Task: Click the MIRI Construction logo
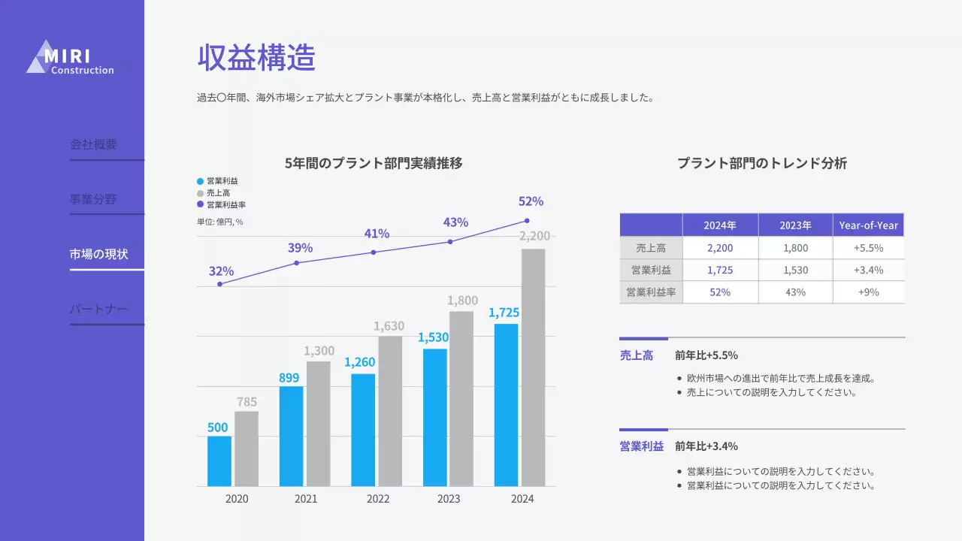pyautogui.click(x=70, y=58)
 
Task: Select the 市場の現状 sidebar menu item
pyautogui.click(x=99, y=254)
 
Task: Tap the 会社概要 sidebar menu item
pyautogui.click(x=94, y=144)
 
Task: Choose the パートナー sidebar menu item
pyautogui.click(x=99, y=309)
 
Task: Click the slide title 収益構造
pyautogui.click(x=256, y=58)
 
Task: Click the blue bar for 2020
pyautogui.click(x=219, y=461)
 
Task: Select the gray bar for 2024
pyautogui.click(x=533, y=367)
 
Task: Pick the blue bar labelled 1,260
pyautogui.click(x=363, y=429)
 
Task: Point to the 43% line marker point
pyautogui.click(x=450, y=241)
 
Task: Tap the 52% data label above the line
pyautogui.click(x=531, y=201)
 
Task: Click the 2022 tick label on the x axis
pyautogui.click(x=378, y=499)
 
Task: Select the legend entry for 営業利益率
pyautogui.click(x=225, y=204)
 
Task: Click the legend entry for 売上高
pyautogui.click(x=218, y=193)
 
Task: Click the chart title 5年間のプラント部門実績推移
pyautogui.click(x=374, y=163)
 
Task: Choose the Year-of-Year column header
pyautogui.click(x=868, y=225)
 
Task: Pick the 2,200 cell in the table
pyautogui.click(x=720, y=248)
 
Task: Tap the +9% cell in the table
pyautogui.click(x=868, y=292)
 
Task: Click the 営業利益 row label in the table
pyautogui.click(x=651, y=270)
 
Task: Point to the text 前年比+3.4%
pyautogui.click(x=706, y=446)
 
